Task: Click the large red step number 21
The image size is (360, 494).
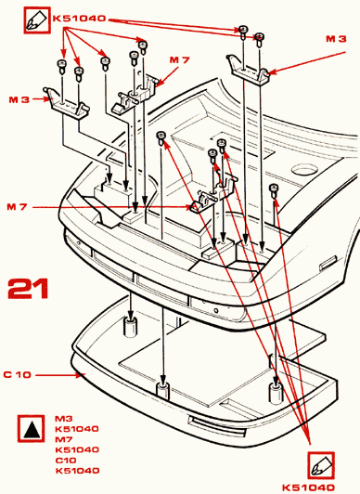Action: pyautogui.click(x=28, y=288)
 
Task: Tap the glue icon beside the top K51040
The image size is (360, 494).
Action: pyautogui.click(x=37, y=20)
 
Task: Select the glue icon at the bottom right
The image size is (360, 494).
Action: pyautogui.click(x=321, y=465)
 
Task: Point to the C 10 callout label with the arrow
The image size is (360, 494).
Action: pyautogui.click(x=18, y=374)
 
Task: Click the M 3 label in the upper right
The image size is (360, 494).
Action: pyautogui.click(x=336, y=39)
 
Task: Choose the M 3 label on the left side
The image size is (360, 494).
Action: pyautogui.click(x=19, y=99)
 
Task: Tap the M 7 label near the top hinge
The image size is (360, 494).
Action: pyautogui.click(x=180, y=59)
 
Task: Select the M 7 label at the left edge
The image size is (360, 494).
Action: pyautogui.click(x=17, y=207)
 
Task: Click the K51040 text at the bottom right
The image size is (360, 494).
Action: pyautogui.click(x=308, y=487)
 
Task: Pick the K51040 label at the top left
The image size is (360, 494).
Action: pyautogui.click(x=79, y=19)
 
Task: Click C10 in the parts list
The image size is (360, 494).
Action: pyautogui.click(x=66, y=461)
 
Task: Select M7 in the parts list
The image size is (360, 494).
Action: pyautogui.click(x=64, y=439)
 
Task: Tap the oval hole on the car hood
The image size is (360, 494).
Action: pyautogui.click(x=304, y=170)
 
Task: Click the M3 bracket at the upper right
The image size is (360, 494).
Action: pyautogui.click(x=249, y=70)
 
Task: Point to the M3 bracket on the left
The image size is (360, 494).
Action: pyautogui.click(x=68, y=103)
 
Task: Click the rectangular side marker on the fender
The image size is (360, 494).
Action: pyautogui.click(x=328, y=263)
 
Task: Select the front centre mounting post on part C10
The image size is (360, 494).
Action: pyautogui.click(x=162, y=392)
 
